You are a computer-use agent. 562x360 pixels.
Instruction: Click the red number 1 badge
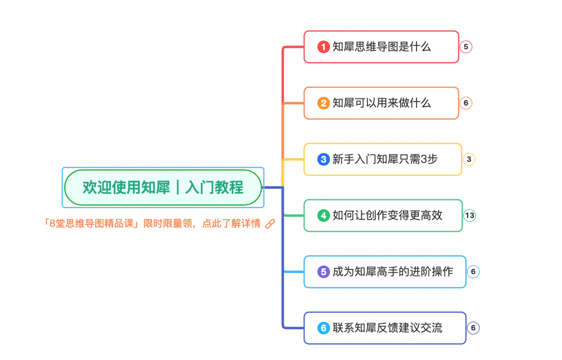323,47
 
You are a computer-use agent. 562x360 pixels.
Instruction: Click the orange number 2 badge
323,103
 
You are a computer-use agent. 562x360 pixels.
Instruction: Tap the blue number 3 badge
323,160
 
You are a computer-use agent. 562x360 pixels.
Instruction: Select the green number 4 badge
323,216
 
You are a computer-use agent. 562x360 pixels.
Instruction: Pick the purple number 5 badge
323,272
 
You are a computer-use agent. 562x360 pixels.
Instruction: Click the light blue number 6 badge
323,328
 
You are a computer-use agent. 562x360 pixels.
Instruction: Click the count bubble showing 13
469,216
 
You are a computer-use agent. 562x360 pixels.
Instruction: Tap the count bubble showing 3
469,160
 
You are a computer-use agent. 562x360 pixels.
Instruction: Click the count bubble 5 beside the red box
465,47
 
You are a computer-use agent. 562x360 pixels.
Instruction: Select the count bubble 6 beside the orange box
465,103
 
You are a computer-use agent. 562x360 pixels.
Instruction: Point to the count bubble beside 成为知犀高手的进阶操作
473,272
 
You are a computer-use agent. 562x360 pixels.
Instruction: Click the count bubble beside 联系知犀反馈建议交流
473,328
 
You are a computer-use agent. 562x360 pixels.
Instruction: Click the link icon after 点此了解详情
269,224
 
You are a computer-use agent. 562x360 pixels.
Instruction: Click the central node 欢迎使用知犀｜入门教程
163,188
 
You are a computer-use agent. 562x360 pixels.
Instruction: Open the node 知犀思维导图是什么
381,47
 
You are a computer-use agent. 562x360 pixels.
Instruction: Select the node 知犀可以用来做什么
381,103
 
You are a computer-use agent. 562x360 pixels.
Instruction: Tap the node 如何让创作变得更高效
387,216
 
